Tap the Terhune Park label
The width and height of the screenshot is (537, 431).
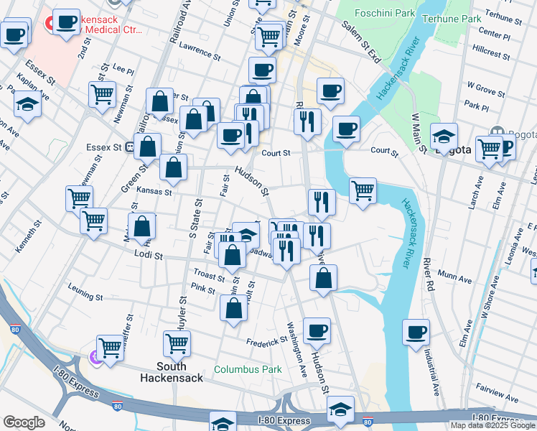pos(450,19)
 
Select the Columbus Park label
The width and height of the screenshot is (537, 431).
pos(247,370)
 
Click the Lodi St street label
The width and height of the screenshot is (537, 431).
pos(149,255)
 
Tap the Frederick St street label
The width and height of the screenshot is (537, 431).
pos(268,343)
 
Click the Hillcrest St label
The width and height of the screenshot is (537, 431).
pos(492,55)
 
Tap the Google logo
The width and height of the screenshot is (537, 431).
pos(24,422)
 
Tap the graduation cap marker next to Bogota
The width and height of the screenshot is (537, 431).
pos(444,136)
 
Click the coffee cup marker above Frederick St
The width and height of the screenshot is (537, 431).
pos(317,331)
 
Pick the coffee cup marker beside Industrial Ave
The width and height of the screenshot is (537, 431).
pos(416,333)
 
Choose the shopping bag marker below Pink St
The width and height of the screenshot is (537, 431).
pos(234,308)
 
